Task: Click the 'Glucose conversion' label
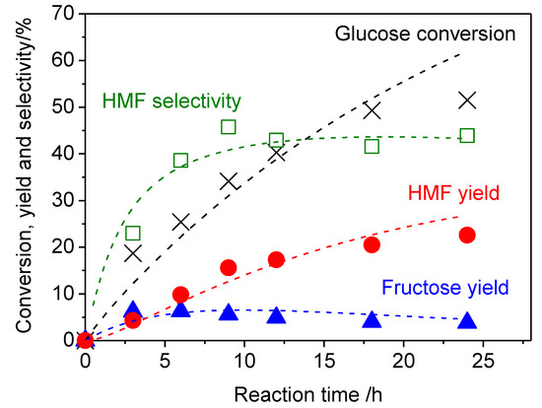click(x=426, y=34)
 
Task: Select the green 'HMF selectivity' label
click(x=172, y=102)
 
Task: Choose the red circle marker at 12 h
click(x=276, y=259)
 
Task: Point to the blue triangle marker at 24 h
click(x=467, y=319)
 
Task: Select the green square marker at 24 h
click(x=467, y=136)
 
